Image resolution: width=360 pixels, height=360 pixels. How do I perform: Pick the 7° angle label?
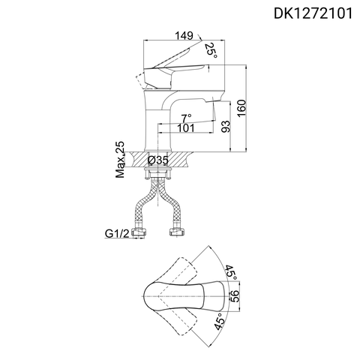point(187,117)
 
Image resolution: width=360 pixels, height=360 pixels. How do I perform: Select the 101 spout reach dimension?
point(187,128)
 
